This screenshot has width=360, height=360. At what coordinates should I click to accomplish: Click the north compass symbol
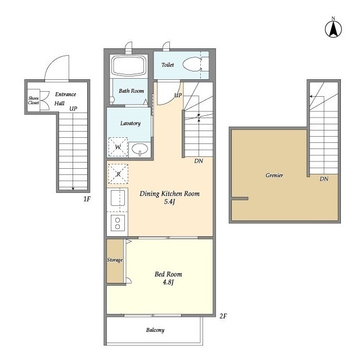[x=334, y=29]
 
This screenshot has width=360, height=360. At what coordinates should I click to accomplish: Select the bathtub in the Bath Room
[x=129, y=65]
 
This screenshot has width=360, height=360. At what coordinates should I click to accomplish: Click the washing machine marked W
[x=118, y=147]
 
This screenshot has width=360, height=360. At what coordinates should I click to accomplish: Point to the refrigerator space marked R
[x=118, y=174]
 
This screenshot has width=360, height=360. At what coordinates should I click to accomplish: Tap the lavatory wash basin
[x=140, y=148]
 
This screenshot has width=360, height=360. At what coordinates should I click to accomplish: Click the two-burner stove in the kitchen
[x=118, y=223]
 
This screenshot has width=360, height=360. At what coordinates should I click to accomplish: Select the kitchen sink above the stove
[x=118, y=198]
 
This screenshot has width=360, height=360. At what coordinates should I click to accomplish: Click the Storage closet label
[x=115, y=260]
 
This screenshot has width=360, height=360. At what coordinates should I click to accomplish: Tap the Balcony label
[x=155, y=330]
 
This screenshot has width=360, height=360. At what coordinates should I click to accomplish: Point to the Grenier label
[x=274, y=175]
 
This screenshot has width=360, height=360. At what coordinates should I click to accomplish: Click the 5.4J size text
[x=169, y=202]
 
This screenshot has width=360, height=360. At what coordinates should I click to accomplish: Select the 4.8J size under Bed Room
[x=168, y=282]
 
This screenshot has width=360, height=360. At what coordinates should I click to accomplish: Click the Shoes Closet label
[x=34, y=100]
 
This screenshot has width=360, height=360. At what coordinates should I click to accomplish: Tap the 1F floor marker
[x=87, y=199]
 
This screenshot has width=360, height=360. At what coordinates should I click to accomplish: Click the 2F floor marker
[x=223, y=316]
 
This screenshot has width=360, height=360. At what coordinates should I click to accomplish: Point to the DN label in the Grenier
[x=324, y=179]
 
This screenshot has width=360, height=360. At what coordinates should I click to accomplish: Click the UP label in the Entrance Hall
[x=73, y=109]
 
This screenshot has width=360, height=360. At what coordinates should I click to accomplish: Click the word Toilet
[x=168, y=65]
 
